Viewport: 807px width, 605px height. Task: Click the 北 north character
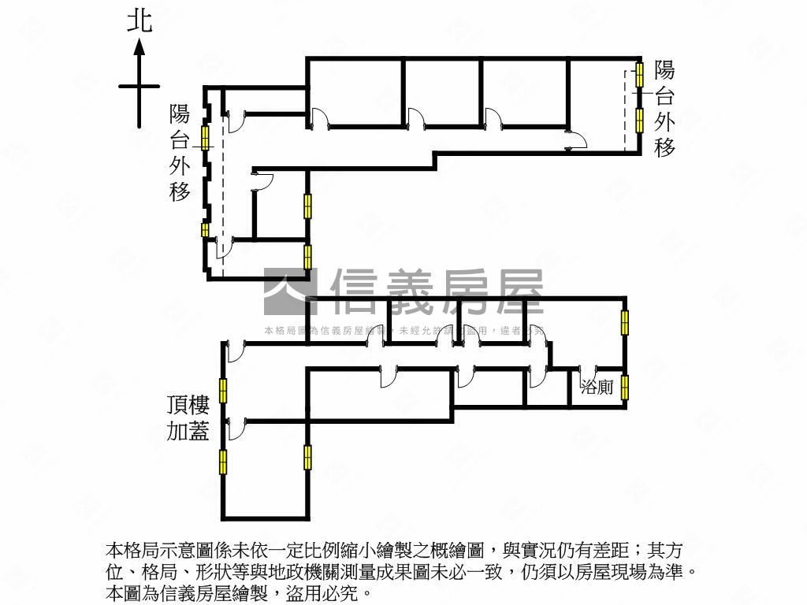139,21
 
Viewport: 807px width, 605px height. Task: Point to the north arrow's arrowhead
139,46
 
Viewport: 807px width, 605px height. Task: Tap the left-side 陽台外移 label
180,153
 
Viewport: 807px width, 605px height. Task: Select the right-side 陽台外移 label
664,109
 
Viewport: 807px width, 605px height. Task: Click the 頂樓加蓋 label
188,418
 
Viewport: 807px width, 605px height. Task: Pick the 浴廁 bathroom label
597,387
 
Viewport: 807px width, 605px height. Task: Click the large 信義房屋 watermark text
437,291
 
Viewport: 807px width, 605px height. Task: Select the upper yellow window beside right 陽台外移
639,75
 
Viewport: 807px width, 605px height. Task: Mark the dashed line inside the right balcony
626,110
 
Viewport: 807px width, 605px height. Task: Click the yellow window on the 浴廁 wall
625,387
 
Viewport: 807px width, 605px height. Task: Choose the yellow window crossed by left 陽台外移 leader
206,138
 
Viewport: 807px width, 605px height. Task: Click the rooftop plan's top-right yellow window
625,321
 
